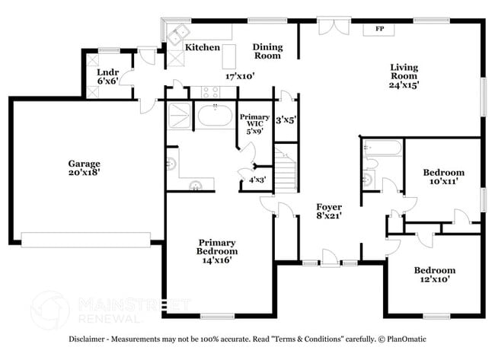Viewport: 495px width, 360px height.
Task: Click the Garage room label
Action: [84, 163]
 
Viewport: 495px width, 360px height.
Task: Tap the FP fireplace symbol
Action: [378, 30]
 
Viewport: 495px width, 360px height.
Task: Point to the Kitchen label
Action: [203, 47]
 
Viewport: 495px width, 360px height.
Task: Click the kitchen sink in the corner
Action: [180, 34]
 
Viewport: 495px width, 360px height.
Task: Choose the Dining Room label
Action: [267, 51]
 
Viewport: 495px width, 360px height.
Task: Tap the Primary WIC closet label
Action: [253, 121]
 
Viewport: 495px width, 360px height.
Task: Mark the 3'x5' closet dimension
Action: [286, 119]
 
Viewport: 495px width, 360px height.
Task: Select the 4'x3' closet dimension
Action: [257, 180]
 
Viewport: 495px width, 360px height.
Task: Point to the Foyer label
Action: [330, 207]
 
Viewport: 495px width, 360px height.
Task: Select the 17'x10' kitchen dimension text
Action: [239, 75]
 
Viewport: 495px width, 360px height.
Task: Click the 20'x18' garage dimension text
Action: [84, 173]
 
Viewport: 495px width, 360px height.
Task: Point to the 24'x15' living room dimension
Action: [404, 85]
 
